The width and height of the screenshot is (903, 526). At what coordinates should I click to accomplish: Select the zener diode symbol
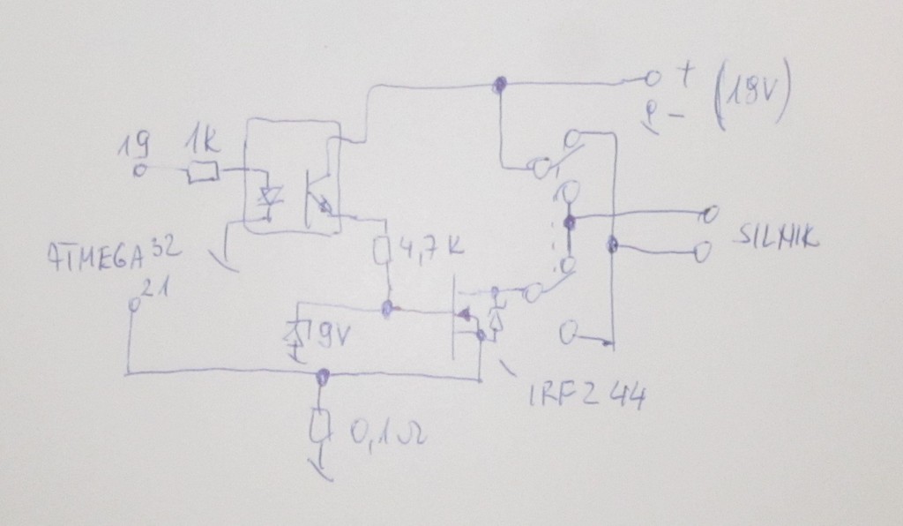point(296,334)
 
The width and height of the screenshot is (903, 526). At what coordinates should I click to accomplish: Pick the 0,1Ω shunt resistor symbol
point(321,429)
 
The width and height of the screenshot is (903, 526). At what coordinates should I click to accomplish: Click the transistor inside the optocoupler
point(315,199)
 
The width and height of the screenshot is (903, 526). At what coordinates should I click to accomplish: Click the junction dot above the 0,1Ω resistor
point(324,376)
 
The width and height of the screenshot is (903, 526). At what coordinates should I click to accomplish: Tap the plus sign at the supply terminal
point(684,77)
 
